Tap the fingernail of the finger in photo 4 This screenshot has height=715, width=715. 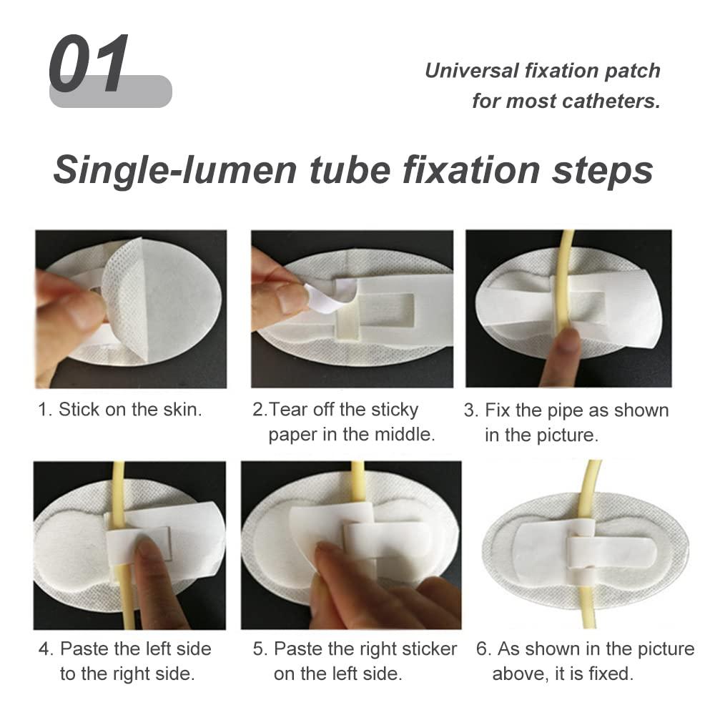click(149, 548)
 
